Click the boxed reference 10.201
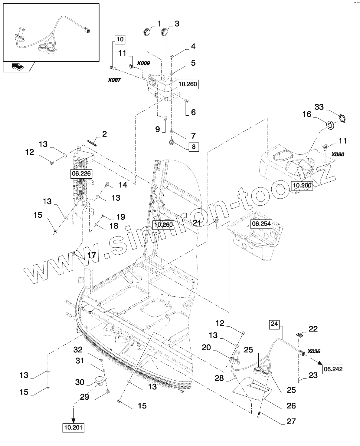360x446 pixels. pyautogui.click(x=74, y=427)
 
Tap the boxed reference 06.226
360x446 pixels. pyautogui.click(x=81, y=173)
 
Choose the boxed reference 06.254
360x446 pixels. pyautogui.click(x=261, y=224)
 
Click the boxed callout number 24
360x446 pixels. pyautogui.click(x=274, y=324)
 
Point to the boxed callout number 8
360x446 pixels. pyautogui.click(x=194, y=147)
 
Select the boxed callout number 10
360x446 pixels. pyautogui.click(x=120, y=40)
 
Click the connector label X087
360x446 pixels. pyautogui.click(x=114, y=80)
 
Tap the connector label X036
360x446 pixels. pyautogui.click(x=314, y=351)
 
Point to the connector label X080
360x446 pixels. pyautogui.click(x=338, y=154)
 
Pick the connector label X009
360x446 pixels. pyautogui.click(x=143, y=63)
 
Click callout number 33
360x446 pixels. pyautogui.click(x=319, y=107)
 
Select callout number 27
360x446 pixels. pyautogui.click(x=291, y=421)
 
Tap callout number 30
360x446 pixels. pyautogui.click(x=80, y=382)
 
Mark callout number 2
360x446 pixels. pyautogui.click(x=104, y=134)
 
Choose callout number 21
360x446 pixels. pyautogui.click(x=197, y=223)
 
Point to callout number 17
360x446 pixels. pyautogui.click(x=92, y=255)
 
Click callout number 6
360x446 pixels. pyautogui.click(x=194, y=112)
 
